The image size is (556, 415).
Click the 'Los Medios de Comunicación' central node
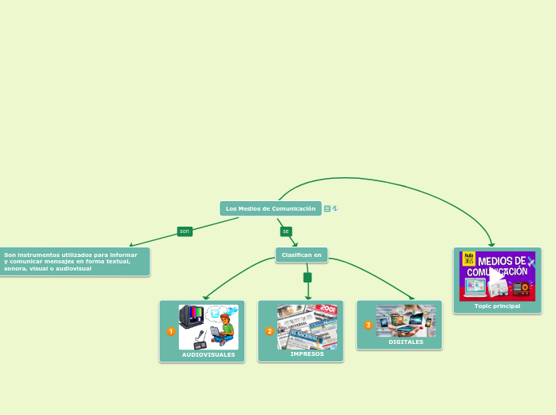(270, 208)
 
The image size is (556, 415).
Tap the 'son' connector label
(185, 231)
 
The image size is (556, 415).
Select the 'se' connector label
(286, 231)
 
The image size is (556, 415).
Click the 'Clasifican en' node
(301, 255)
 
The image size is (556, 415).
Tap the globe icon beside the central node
(336, 208)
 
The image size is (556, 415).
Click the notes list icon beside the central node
(328, 208)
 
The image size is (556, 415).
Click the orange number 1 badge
(171, 331)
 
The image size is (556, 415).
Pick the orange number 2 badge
(270, 331)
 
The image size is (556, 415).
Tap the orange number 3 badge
(368, 325)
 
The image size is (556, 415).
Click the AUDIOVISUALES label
(208, 354)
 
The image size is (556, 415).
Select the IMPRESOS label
(307, 354)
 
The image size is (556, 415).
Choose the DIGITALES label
(406, 342)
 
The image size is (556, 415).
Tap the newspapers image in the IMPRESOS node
(307, 326)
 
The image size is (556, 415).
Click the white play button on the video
(497, 275)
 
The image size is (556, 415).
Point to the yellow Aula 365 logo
(469, 259)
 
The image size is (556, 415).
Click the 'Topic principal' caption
(497, 306)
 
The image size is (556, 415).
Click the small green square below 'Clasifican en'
(308, 278)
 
